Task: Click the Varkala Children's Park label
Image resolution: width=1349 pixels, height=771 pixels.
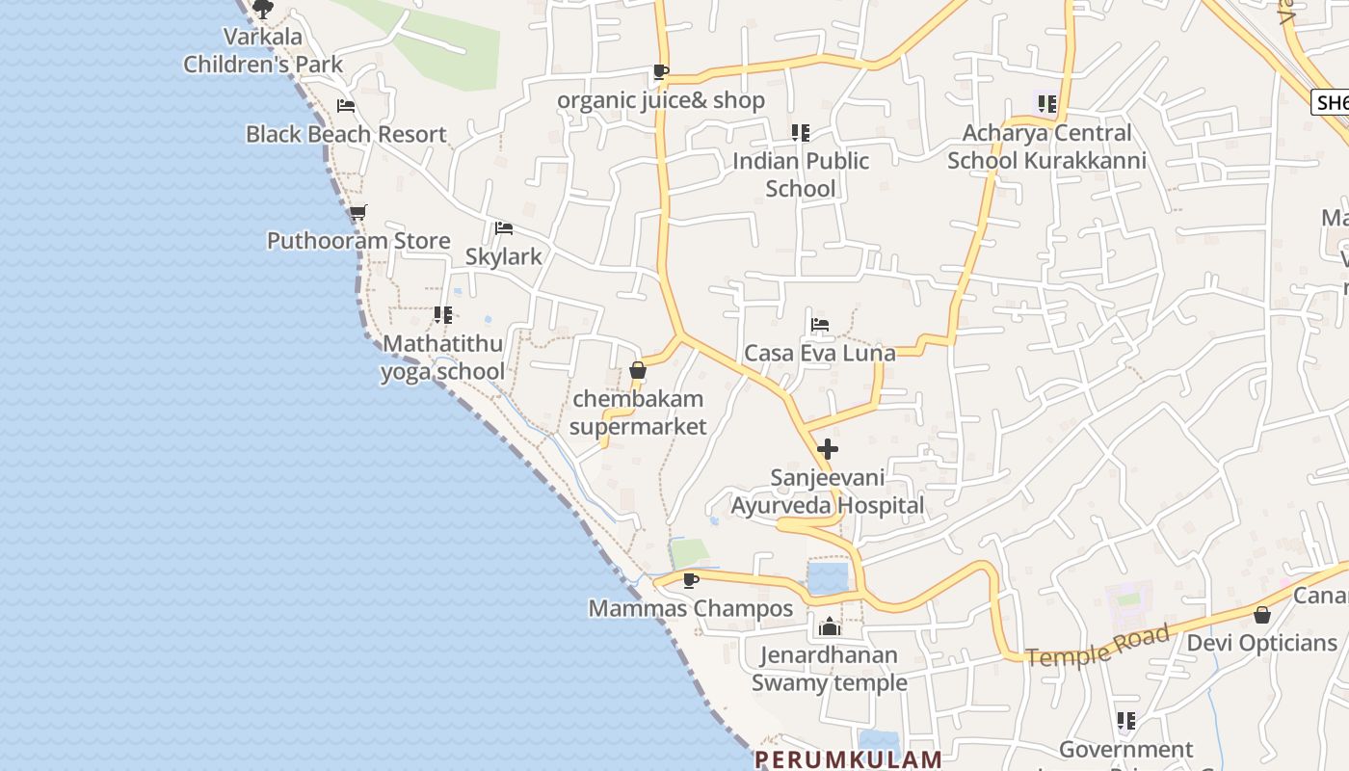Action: [x=263, y=51]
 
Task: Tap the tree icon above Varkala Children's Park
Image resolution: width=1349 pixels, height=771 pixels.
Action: [x=263, y=10]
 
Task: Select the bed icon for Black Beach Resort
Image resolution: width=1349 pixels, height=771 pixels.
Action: [x=346, y=106]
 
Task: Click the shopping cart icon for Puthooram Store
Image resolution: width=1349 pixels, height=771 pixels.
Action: [x=357, y=212]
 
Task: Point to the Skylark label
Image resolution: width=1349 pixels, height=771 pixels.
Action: [x=503, y=256]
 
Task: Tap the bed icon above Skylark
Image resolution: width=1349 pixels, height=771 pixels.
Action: [x=503, y=228]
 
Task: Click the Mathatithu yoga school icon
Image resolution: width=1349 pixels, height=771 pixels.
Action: [x=443, y=314]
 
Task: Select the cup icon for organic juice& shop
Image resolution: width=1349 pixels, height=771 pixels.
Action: [x=660, y=71]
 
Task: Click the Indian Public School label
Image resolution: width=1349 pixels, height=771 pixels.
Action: [x=801, y=174]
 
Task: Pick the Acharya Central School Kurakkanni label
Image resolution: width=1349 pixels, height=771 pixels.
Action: [x=1046, y=146]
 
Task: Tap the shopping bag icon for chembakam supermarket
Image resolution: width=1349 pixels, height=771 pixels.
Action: [x=637, y=370]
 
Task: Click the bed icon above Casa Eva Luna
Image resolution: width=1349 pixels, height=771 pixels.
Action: [x=820, y=324]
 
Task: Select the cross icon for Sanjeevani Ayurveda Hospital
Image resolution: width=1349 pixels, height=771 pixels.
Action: [x=828, y=449]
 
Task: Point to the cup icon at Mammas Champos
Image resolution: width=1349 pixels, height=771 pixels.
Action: [x=690, y=580]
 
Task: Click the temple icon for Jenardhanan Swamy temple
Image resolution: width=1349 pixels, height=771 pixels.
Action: [x=829, y=627]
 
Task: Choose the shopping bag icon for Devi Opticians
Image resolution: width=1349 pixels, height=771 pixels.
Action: [x=1262, y=615]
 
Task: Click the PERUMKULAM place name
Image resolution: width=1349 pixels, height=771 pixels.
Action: [x=848, y=758]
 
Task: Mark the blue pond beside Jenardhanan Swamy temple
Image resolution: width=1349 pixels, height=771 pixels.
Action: [x=828, y=579]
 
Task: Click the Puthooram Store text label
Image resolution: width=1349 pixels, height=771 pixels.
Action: [x=358, y=241]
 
